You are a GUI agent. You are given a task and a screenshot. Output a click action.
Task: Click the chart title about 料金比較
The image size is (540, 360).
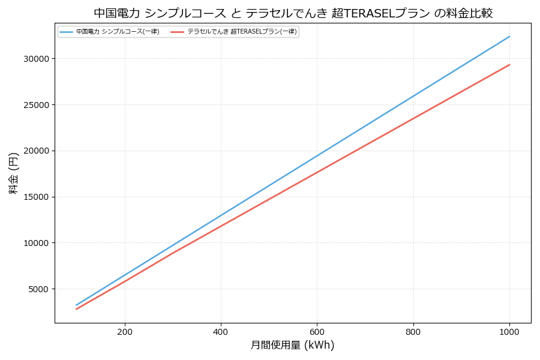pos(293,13)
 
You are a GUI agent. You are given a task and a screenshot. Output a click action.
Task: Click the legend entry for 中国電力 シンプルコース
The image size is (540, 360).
pos(118,32)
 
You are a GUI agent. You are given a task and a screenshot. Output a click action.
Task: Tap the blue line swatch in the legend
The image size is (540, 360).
pos(66,32)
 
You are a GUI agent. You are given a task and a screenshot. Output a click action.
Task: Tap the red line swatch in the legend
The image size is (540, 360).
pos(177,32)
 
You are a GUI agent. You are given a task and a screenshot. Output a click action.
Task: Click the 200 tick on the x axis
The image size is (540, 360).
pos(125,332)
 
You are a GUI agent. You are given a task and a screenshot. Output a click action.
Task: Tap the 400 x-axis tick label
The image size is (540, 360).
pos(221,332)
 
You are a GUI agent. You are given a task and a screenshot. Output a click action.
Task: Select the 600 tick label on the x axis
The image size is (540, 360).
pos(317,332)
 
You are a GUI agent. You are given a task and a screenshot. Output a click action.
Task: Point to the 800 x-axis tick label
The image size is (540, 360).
pos(413,332)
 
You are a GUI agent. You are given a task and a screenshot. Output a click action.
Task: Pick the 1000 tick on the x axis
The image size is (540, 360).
pos(509,332)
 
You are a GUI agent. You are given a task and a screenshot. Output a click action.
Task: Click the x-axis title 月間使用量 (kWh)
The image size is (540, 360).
pos(292,346)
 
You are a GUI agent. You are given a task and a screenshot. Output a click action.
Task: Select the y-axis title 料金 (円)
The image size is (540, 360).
pos(13,173)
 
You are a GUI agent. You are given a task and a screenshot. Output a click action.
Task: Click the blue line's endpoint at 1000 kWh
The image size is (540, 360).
pos(509,37)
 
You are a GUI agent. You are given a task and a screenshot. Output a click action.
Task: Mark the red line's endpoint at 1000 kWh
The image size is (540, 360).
pos(509,65)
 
